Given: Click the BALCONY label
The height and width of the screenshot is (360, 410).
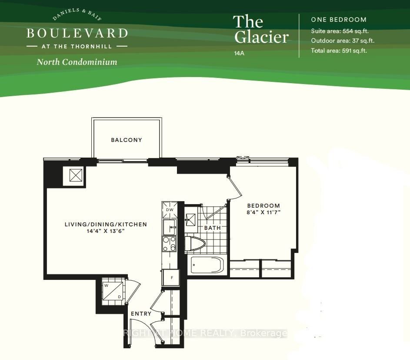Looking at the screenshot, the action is pos(126,140).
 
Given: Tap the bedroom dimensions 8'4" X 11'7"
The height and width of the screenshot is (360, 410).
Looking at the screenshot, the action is pos(263,212).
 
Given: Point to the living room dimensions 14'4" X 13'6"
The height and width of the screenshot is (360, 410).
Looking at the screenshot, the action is pos(106,231).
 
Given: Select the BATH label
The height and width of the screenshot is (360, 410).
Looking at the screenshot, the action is pos(212,228).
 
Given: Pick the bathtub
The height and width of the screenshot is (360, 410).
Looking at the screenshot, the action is pos(207,265).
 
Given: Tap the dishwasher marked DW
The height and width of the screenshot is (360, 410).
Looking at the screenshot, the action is pos(170,210).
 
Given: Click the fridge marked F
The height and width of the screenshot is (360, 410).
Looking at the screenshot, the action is pos(171,278).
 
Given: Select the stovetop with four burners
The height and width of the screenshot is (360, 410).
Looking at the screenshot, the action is pos(170,244).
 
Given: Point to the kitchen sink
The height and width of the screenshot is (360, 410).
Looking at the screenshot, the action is pos(170,227).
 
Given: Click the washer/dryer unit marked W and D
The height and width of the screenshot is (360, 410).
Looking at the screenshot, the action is pos(113,291).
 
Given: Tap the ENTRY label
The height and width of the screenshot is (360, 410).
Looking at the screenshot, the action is pos(141,314).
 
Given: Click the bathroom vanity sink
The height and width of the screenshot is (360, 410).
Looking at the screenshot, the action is pos(190,220).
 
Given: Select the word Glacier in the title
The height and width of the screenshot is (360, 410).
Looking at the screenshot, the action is pos(261,37).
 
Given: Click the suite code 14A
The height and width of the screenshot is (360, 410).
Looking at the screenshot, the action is pos(239,53).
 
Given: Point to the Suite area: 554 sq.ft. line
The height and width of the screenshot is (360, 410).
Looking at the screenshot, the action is pos(340,31).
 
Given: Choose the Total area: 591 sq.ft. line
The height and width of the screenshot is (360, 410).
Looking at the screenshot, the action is pos(339,50).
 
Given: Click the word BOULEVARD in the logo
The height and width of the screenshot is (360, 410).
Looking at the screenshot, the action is pos(77,33).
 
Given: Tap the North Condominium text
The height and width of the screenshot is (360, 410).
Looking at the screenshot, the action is pos(77,62).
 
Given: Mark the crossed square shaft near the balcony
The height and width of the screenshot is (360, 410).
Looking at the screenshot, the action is pos(76,175).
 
